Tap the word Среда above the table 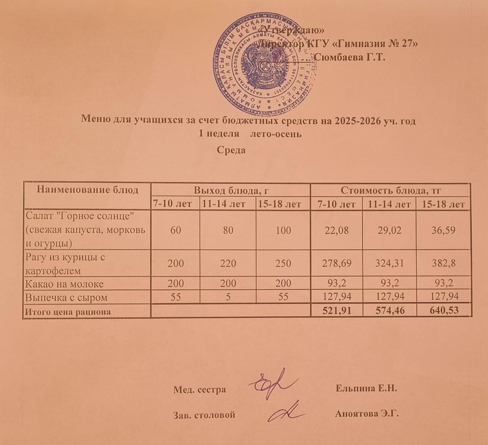click(x=231, y=150)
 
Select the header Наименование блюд click(x=87, y=190)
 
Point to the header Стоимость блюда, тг click(x=390, y=190)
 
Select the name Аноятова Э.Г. click(x=367, y=414)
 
